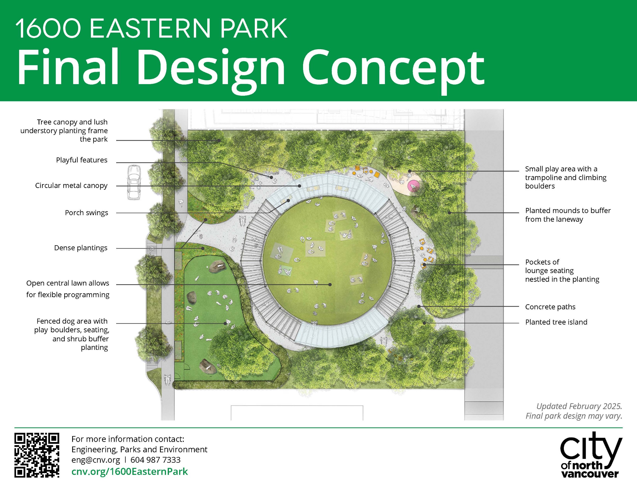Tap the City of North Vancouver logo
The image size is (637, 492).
pos(591,455)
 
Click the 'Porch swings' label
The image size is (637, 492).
pos(86,213)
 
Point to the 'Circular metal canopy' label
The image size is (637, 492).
pos(71,186)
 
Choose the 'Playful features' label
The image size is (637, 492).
pos(82,160)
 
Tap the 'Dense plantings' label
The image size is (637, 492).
pos(81,248)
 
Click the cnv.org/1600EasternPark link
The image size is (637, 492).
pos(130,472)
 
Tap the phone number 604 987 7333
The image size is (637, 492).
pos(156,460)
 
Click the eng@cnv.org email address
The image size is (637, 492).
pos(96,460)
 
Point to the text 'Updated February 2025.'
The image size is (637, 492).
pos(579,406)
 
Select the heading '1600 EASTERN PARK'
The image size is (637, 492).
pos(151,28)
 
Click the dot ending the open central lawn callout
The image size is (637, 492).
pos(330,284)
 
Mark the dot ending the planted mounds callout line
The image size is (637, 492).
pos(449,213)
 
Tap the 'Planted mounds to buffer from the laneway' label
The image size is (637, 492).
pos(568,215)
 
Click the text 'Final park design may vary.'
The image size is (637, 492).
pos(574,416)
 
